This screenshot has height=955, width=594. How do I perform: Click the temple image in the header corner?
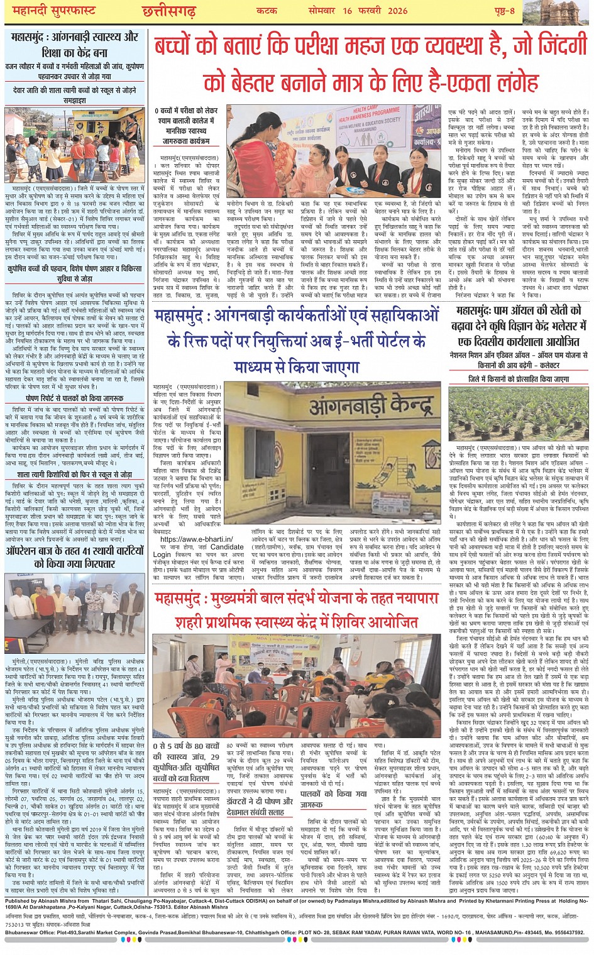(x=559, y=12)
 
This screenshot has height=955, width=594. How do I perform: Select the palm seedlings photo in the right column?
(x=519, y=413)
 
